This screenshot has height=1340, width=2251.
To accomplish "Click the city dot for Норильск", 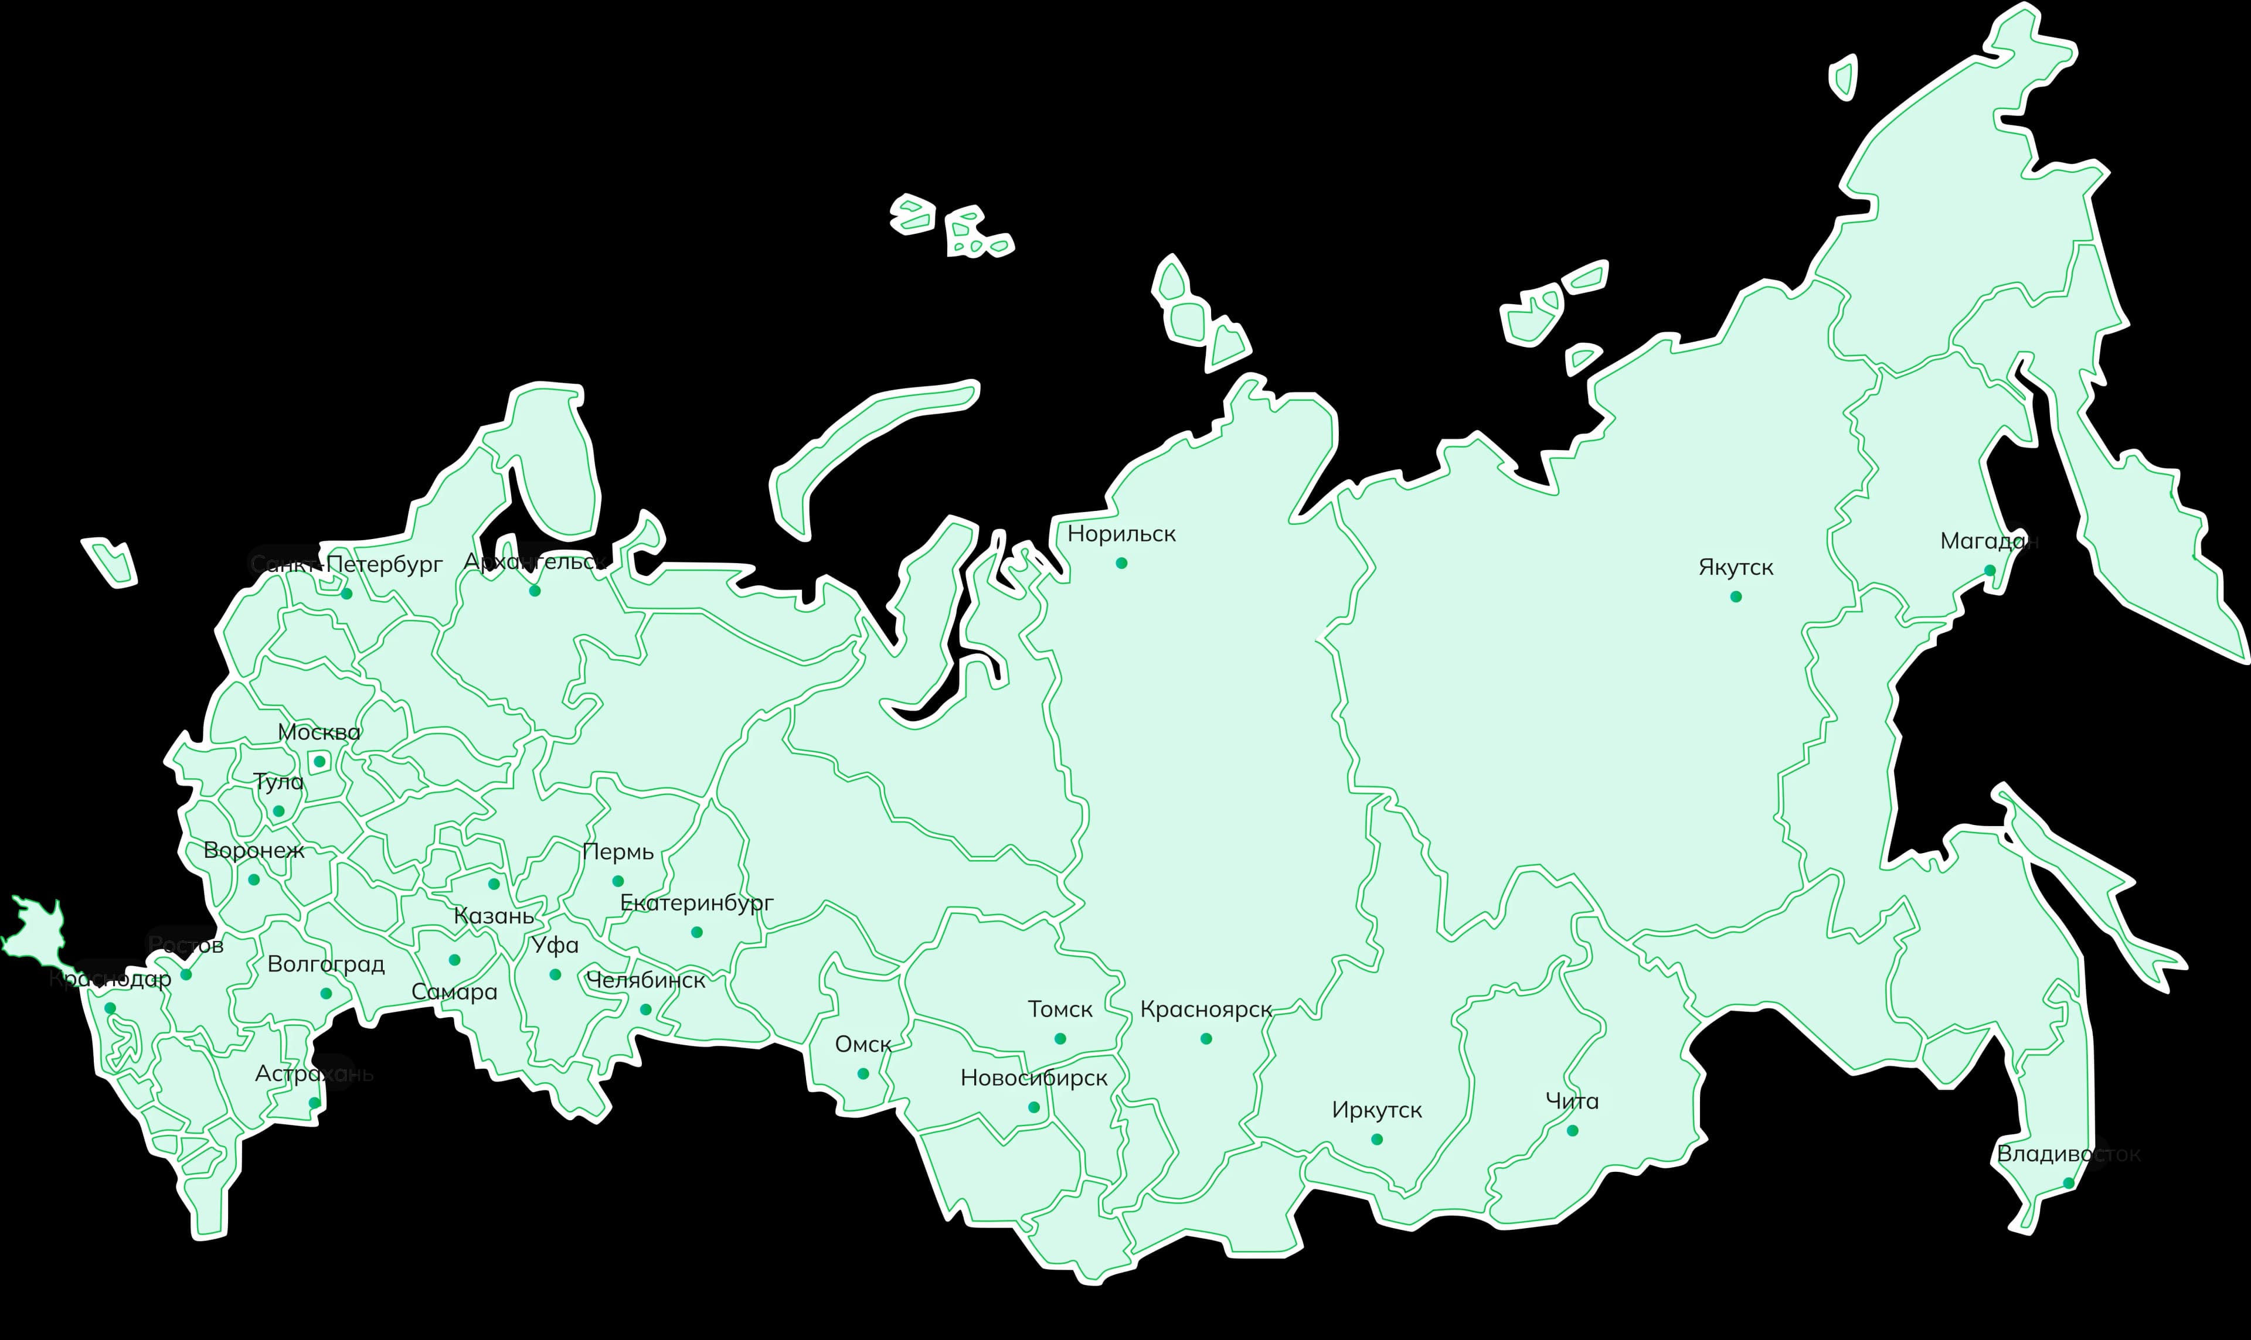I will (x=1121, y=562).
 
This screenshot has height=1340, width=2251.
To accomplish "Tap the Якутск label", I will (x=1735, y=567).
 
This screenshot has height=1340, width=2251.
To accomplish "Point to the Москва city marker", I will (x=319, y=761).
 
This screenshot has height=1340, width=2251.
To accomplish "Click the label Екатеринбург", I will (x=696, y=902).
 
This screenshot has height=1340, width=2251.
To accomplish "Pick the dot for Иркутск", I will (x=1376, y=1140).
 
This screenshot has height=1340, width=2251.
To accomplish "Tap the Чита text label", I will (x=1572, y=1101).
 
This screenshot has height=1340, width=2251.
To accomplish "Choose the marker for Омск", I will (x=863, y=1073).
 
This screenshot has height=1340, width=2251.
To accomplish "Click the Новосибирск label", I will (x=1033, y=1078).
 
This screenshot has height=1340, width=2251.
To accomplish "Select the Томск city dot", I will (x=1060, y=1038).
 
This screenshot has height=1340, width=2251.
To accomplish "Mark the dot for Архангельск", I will (x=535, y=591).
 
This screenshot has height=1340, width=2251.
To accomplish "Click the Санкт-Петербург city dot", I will (x=346, y=594).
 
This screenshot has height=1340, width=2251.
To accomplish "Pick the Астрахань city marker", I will (x=314, y=1103).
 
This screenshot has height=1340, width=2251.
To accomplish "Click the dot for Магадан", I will (x=1989, y=570).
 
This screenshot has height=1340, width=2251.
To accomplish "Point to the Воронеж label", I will (x=254, y=850).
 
